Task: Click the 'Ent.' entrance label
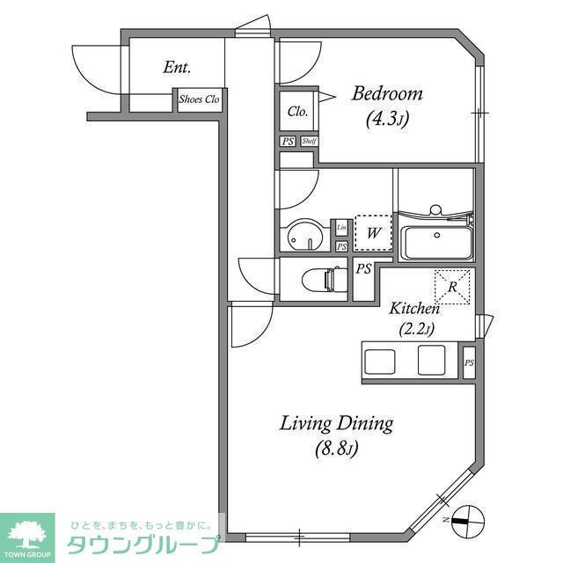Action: coord(177,68)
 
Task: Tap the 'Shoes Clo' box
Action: coord(199,99)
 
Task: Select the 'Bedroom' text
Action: coord(387,93)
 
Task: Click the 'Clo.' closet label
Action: coord(297,112)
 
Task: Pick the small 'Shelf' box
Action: coord(309,141)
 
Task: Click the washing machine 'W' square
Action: coord(373,234)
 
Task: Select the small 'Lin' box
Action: coord(341,228)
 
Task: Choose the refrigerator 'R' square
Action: coord(452,287)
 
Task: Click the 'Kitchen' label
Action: coord(414,309)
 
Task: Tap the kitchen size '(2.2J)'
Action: coord(415,331)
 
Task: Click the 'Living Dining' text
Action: coord(336,423)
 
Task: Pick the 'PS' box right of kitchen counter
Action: coord(469,362)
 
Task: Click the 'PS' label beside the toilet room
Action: coord(363,270)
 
